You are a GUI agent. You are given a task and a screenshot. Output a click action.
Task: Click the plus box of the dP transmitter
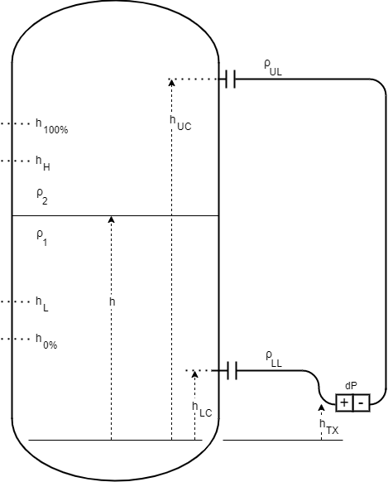coord(344,402)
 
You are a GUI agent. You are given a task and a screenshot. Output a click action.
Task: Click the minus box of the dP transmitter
coord(362,402)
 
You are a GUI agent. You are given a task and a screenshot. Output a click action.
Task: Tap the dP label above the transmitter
coord(351,386)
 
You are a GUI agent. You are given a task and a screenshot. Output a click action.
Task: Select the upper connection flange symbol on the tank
coord(230,79)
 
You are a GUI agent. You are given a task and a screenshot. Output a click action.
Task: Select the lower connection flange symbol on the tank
coord(232,370)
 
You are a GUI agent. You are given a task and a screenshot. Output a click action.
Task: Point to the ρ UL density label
coord(272,68)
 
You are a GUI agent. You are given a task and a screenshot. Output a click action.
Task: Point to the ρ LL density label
coord(274,359)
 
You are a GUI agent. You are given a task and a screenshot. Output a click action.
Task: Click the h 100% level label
coord(51,126)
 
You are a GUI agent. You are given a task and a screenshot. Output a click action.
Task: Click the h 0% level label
coord(46,341)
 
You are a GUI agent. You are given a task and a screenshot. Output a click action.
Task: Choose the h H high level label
coord(43,163)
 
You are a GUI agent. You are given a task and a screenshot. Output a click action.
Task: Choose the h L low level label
coord(41,304)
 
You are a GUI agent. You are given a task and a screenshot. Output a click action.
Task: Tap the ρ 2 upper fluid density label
coord(42,197)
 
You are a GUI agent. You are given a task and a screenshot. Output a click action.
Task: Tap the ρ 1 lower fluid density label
coord(41,238)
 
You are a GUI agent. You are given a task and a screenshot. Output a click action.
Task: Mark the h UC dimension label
coord(180,123)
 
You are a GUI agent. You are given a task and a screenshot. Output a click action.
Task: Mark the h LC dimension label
coord(202,409)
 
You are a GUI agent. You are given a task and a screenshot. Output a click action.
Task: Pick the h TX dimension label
coord(329,427)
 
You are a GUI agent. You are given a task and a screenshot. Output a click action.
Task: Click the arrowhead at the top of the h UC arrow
coord(171,82)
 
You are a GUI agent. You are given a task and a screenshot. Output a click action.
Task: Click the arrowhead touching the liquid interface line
coord(112,219)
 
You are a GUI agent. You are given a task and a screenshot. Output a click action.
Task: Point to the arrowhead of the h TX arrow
coord(321,407)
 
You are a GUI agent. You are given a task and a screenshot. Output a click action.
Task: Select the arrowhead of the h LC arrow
coord(194,374)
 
